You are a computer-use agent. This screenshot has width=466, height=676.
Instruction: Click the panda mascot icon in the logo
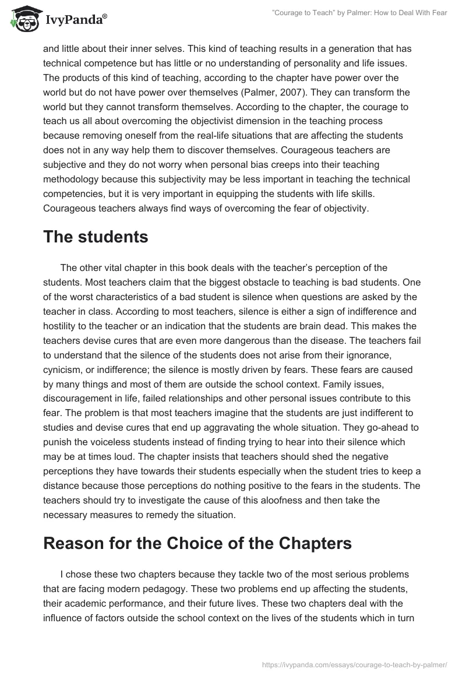tap(23, 19)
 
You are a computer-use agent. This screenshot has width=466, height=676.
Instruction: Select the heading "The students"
tap(96, 238)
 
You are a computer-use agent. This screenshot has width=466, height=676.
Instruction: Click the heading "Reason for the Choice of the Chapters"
tap(197, 543)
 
